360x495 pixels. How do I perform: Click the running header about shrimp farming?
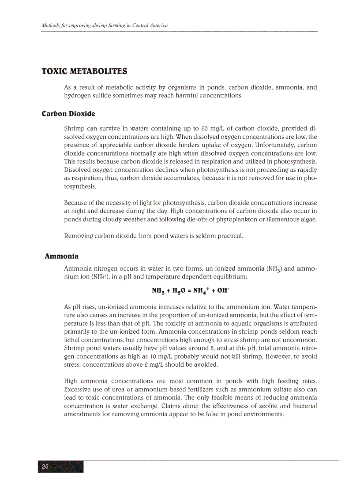(105, 26)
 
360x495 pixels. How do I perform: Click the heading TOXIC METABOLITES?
(84, 71)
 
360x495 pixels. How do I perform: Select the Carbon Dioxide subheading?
(68, 114)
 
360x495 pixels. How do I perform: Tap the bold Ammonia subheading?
(62, 257)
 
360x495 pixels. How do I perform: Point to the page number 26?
(45, 467)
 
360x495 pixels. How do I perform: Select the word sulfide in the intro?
(101, 96)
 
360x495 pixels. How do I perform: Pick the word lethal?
(72, 340)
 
